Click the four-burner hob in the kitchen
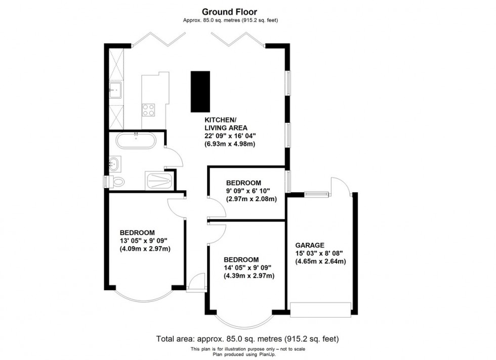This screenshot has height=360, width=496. [149, 110]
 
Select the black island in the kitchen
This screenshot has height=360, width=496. [200, 92]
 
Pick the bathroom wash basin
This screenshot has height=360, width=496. [114, 163]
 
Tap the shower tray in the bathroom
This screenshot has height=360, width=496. [159, 181]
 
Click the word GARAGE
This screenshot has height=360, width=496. [310, 244]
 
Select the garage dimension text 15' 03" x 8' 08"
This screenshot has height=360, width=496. [320, 253]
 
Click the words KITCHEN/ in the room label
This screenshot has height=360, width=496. [220, 120]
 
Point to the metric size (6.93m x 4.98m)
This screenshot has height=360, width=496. [229, 144]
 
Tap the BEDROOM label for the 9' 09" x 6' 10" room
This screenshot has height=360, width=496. [243, 183]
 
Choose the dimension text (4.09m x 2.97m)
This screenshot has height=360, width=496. [145, 249]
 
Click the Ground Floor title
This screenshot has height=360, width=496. [230, 11]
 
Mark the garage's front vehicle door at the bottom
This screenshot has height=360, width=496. [320, 309]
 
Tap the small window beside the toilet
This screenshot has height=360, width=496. [105, 182]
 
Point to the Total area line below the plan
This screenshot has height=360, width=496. [247, 339]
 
